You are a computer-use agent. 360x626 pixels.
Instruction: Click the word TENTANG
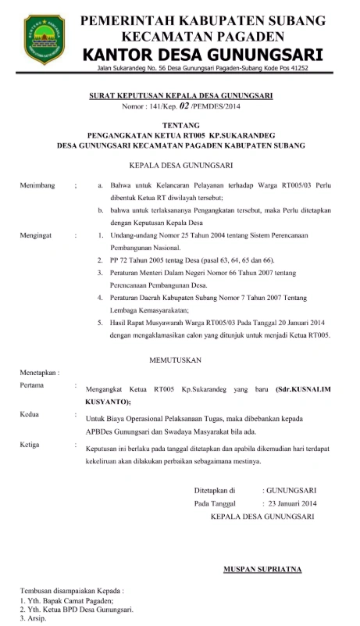pos(180,125)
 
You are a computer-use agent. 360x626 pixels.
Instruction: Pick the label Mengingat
pos(37,234)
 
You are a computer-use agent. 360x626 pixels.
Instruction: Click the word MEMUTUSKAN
pos(180,360)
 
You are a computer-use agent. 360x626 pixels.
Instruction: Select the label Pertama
pos(33,386)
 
